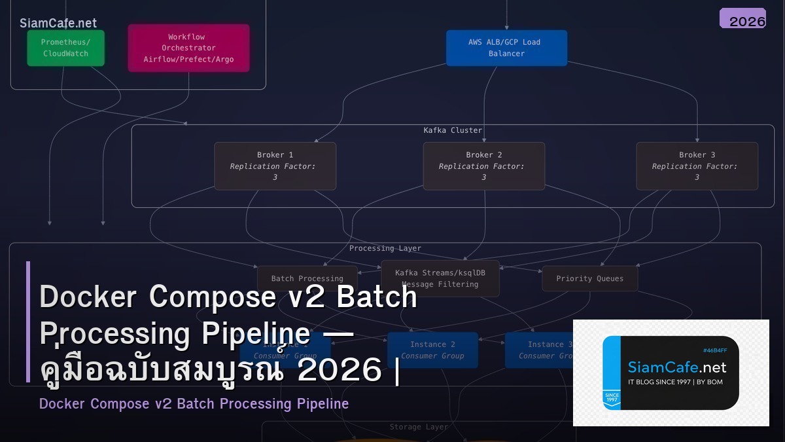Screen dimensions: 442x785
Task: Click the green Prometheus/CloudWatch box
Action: click(65, 48)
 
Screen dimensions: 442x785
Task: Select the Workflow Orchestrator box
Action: click(188, 48)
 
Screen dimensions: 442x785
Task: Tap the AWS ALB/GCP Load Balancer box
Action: click(506, 48)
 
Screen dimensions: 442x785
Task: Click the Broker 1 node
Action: click(275, 166)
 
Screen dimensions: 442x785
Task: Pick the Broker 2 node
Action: click(483, 166)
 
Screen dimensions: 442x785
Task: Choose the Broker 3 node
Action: click(697, 166)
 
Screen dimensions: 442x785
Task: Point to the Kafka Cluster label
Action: click(453, 130)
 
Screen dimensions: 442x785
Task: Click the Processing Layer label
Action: click(385, 248)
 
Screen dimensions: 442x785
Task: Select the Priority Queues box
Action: click(589, 278)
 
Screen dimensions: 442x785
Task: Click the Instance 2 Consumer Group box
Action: click(432, 350)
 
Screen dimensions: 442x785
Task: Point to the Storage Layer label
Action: click(419, 427)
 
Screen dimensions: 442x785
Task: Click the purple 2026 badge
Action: click(743, 19)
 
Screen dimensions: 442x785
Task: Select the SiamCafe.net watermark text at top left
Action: click(58, 23)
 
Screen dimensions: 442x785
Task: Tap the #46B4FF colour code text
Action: click(714, 350)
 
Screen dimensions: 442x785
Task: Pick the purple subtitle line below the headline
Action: click(194, 403)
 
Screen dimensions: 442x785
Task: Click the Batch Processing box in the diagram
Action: click(307, 278)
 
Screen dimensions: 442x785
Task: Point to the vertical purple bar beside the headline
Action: click(28, 322)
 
